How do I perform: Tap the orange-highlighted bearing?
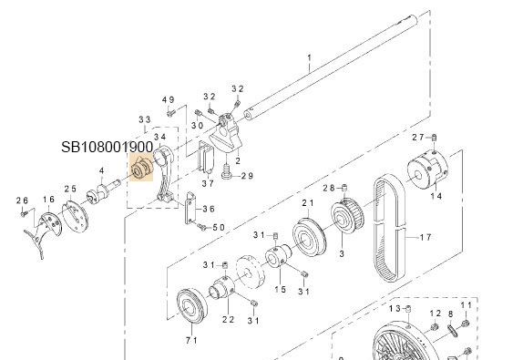pos(142,170)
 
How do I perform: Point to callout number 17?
pos(424,238)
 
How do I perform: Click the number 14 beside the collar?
pos(435,195)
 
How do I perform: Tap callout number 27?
pos(418,137)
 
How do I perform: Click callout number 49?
pos(168,99)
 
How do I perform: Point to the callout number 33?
pos(144,119)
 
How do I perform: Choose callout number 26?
pos(23,200)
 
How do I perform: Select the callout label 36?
pos(209,209)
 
